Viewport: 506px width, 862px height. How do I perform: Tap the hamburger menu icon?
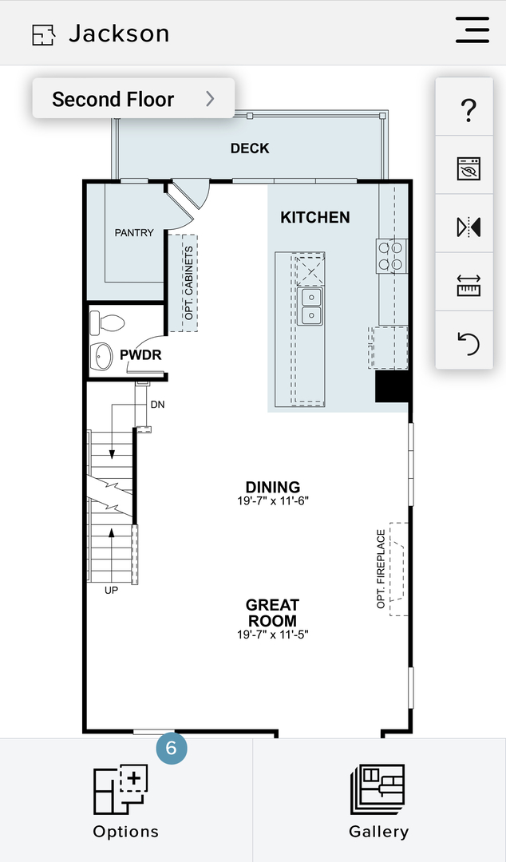(472, 30)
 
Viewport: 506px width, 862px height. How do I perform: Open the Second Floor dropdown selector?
(133, 98)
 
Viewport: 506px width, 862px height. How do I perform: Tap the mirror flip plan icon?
(468, 227)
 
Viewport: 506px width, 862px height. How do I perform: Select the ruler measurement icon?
(468, 285)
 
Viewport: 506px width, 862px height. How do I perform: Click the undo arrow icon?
(468, 344)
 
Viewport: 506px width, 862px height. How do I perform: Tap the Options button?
(126, 800)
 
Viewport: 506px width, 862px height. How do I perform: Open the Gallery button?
(379, 800)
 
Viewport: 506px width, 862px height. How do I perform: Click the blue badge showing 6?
(171, 748)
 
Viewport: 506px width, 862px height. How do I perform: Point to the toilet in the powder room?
(107, 322)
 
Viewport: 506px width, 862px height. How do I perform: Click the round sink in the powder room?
(101, 356)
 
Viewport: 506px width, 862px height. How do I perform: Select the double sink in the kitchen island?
(310, 306)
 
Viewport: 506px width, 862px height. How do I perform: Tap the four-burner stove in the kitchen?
(392, 256)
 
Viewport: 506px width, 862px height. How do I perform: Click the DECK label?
(250, 148)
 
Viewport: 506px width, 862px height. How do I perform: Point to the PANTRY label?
(134, 232)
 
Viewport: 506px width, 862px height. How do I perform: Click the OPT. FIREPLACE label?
(381, 568)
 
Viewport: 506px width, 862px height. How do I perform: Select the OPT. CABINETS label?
(189, 283)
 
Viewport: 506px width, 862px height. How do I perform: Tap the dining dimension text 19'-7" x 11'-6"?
(273, 500)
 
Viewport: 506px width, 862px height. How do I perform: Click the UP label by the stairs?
(111, 591)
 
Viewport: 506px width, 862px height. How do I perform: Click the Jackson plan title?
(120, 34)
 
